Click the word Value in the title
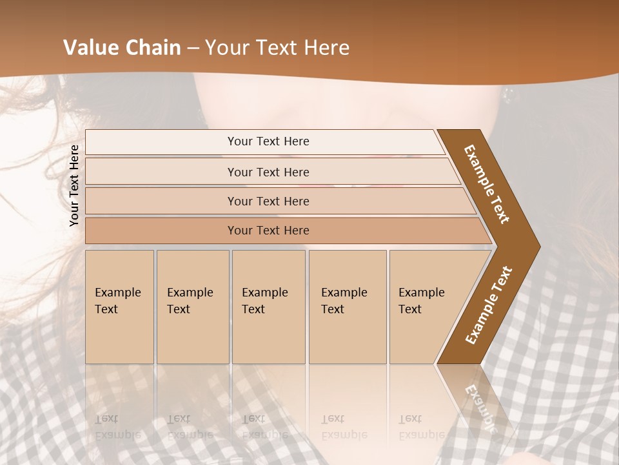coord(90,48)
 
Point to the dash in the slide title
coord(193,48)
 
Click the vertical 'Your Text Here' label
coord(74,185)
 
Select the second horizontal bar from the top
coord(268,172)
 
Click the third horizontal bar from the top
coord(268,201)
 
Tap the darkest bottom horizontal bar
coord(268,231)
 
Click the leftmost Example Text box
coord(119,307)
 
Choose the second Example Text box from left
coord(192,307)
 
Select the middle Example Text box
coord(268,307)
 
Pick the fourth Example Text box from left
coord(348,307)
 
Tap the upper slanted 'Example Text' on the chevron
coord(487,184)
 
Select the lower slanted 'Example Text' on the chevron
coord(488,305)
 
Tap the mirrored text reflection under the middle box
coord(264,427)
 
